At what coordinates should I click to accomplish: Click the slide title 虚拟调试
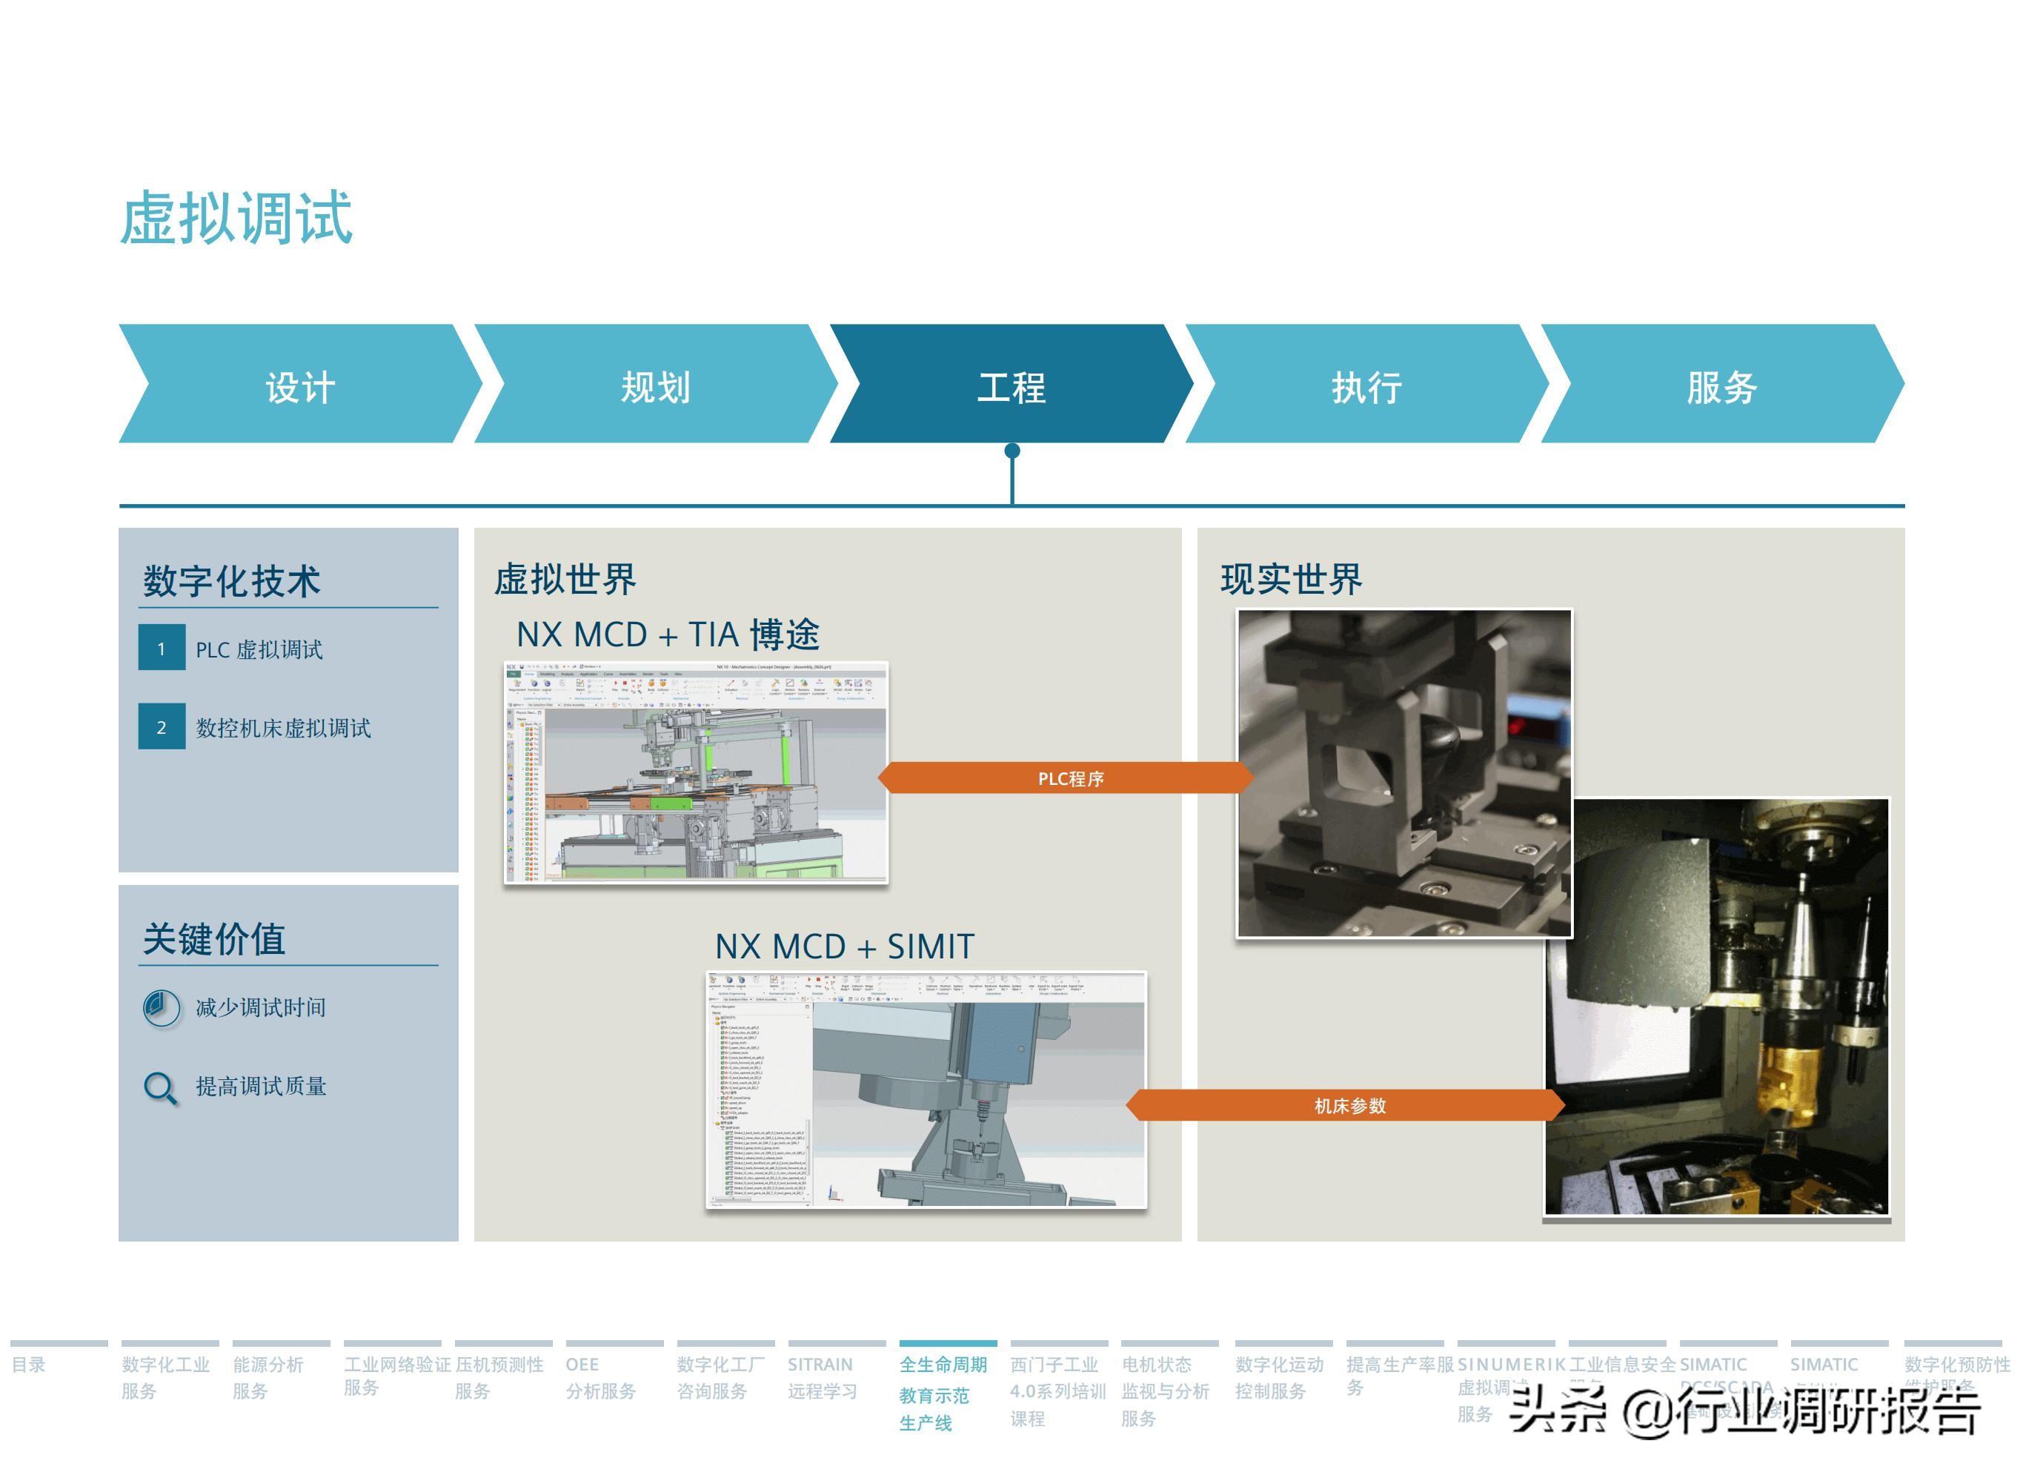coord(236,217)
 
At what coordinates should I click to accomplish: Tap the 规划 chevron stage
coord(656,386)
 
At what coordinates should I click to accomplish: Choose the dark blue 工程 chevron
coord(1011,386)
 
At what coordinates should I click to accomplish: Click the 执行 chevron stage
coord(1366,386)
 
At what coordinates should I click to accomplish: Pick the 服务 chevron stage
coord(1721,386)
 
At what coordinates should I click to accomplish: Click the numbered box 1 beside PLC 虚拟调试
coord(162,648)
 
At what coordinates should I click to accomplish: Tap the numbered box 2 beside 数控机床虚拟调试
coord(162,726)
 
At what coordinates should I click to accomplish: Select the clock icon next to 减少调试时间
coord(161,1007)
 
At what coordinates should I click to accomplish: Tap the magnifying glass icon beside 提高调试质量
coord(161,1087)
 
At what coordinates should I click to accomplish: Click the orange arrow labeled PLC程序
coord(1069,778)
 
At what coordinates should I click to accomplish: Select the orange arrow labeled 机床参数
coord(1348,1106)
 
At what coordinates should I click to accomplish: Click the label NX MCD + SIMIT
coord(843,947)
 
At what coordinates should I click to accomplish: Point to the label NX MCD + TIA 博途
coord(667,634)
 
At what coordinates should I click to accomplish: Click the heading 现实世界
coord(1291,579)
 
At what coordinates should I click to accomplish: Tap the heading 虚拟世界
coord(565,579)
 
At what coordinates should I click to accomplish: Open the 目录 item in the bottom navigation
coord(29,1365)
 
